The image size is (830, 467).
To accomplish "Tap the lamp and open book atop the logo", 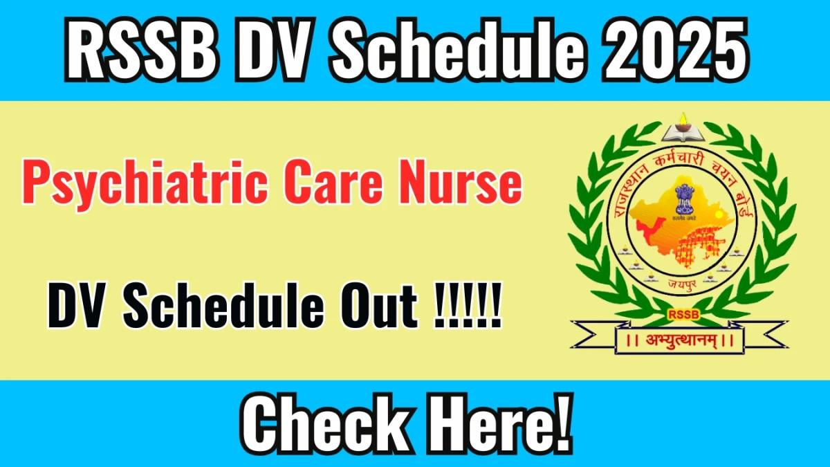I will tap(681, 129).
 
